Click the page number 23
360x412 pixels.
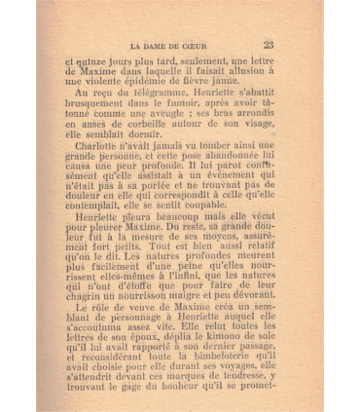coord(268,43)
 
